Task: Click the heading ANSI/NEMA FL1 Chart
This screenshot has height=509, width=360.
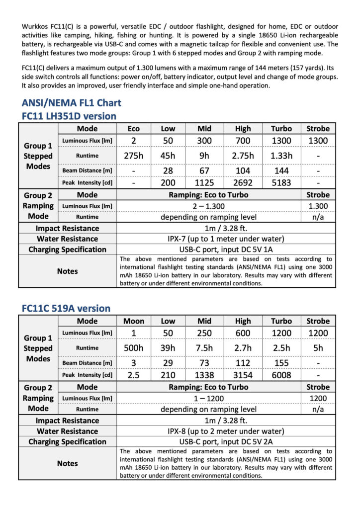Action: coord(71,103)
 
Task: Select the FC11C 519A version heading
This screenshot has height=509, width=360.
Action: coord(66,308)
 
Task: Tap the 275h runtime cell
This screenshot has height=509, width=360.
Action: coord(133,156)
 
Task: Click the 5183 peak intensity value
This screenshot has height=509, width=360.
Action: coord(281,183)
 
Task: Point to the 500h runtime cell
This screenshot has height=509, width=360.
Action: coord(133,348)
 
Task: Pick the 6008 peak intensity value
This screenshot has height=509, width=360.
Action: coord(281,375)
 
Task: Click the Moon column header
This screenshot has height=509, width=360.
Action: coord(133,321)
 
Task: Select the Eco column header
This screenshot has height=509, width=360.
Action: coord(133,129)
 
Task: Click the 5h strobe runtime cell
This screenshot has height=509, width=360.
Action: coord(318,348)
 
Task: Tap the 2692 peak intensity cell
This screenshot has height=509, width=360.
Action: coord(243,183)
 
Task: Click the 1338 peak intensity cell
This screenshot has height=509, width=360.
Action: coord(204,375)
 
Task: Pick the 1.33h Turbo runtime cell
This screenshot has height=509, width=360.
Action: coord(281,156)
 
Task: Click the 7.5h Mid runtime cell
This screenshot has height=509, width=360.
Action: coord(204,348)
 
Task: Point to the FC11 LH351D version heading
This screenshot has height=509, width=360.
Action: coord(69,116)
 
